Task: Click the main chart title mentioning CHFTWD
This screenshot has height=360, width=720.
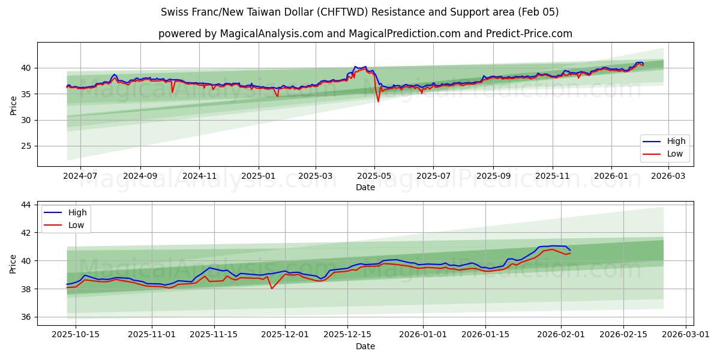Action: click(360, 12)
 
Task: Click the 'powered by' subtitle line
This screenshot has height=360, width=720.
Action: click(365, 34)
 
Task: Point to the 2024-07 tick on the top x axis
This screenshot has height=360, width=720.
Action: click(80, 176)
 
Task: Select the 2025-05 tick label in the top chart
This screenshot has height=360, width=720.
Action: click(374, 176)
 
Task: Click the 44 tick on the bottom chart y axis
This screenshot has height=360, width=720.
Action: click(26, 205)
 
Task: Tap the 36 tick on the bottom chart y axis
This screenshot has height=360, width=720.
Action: click(26, 317)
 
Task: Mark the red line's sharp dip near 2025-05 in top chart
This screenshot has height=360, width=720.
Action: click(378, 101)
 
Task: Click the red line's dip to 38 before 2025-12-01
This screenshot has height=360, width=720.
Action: click(272, 289)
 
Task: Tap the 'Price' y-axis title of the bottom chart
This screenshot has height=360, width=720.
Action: click(13, 263)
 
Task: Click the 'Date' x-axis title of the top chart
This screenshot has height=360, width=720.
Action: click(365, 187)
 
